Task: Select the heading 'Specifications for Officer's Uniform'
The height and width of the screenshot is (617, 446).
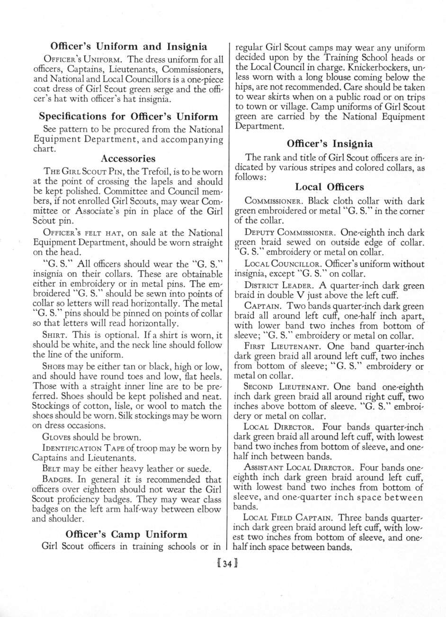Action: (x=128, y=116)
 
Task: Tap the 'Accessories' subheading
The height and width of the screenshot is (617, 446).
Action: (x=128, y=158)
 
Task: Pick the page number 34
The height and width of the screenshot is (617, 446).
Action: (x=223, y=563)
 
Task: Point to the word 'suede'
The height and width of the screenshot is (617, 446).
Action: (x=198, y=469)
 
